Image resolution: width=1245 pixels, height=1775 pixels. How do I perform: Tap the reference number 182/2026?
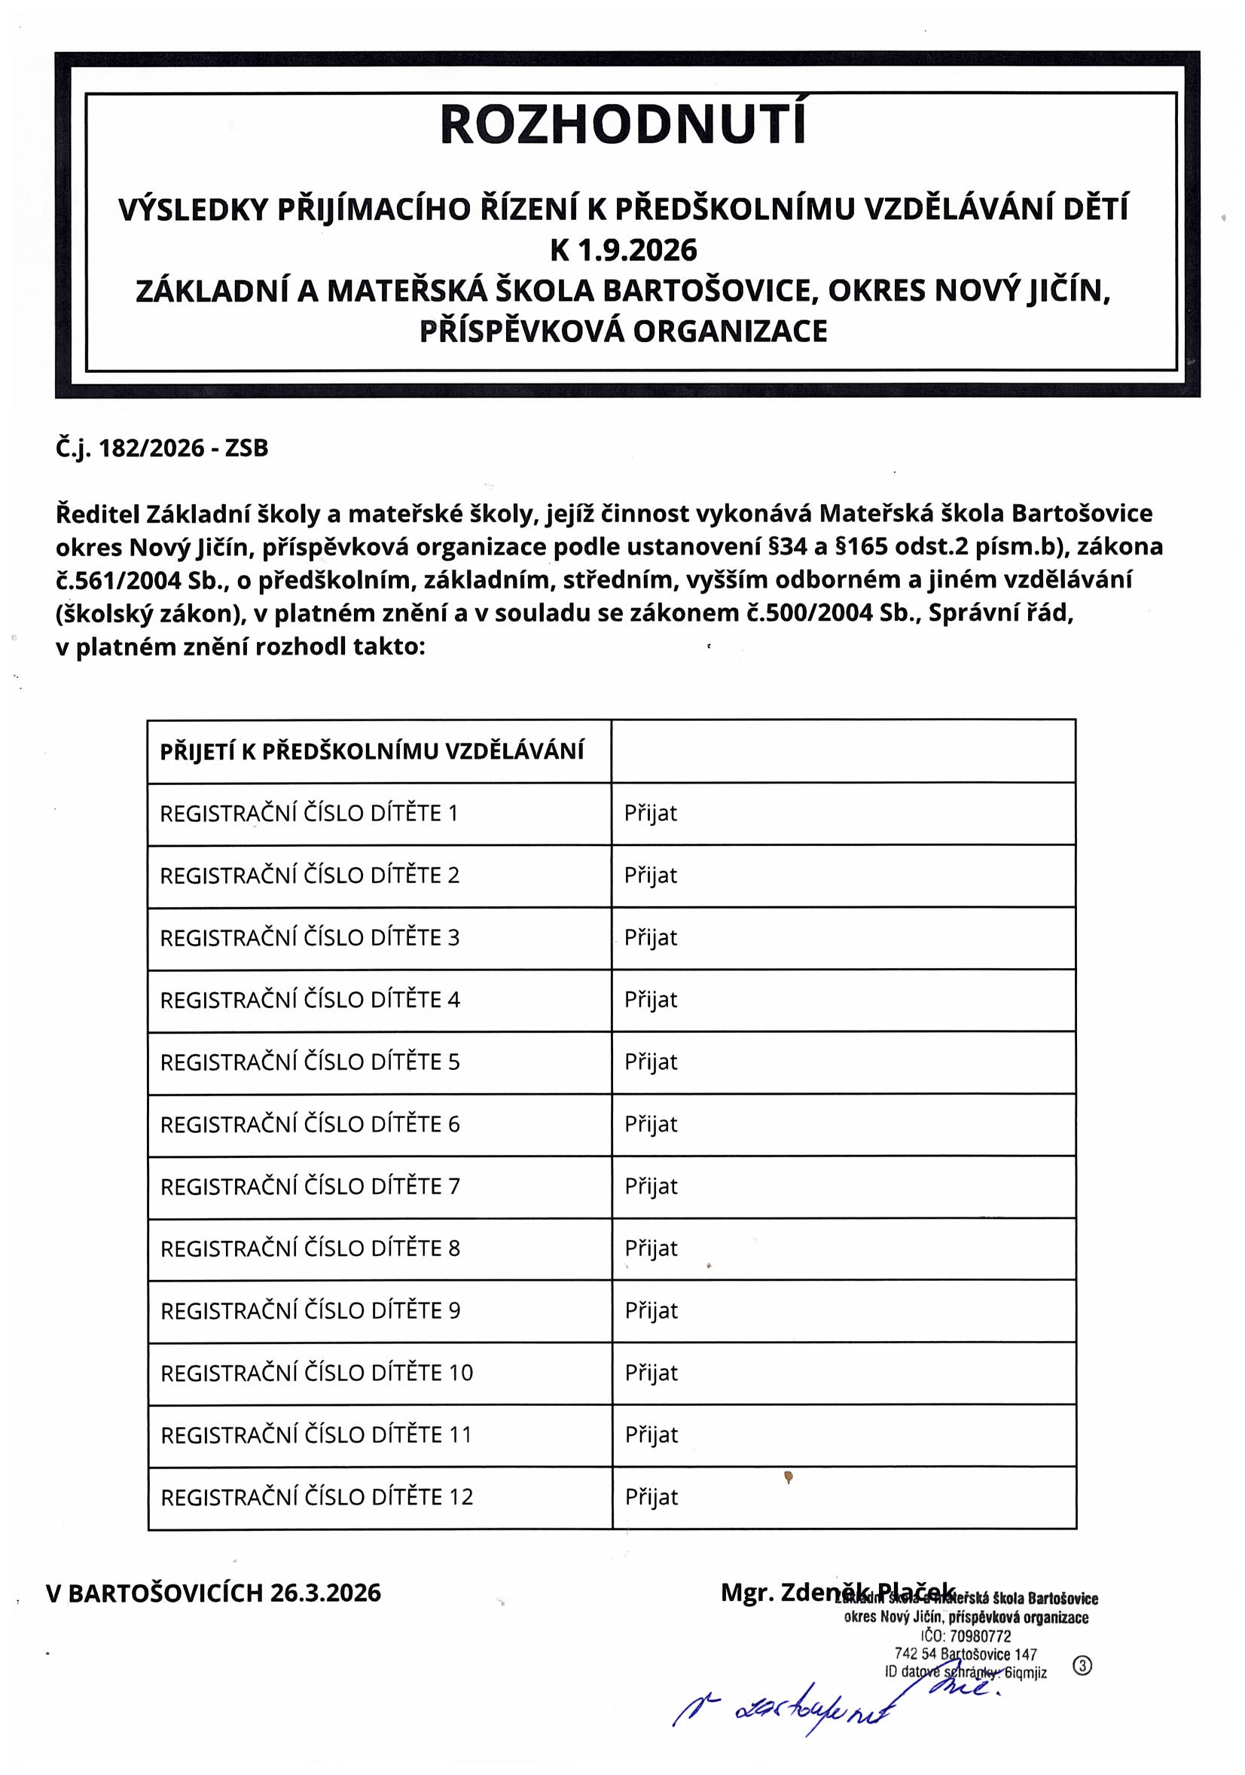151,448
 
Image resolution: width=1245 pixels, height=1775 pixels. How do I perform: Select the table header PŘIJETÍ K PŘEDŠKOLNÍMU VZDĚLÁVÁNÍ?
372,751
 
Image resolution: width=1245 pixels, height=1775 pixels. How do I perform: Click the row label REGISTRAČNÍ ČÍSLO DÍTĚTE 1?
309,813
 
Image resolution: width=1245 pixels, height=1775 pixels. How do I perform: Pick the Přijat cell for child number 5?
651,1062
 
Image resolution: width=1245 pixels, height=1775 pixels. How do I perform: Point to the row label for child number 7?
310,1187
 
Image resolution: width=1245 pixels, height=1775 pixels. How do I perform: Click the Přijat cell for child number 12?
651,1498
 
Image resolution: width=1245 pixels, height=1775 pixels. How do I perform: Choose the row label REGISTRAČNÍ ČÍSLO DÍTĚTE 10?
316,1373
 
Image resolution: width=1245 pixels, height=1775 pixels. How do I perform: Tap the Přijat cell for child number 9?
651,1311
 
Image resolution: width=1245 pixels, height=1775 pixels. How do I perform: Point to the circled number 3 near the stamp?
1083,1666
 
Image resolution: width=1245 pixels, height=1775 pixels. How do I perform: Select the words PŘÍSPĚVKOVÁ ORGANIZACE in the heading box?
623,331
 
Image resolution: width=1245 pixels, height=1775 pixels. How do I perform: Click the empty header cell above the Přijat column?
843,751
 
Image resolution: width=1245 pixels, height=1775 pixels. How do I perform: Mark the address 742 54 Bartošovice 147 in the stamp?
966,1654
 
